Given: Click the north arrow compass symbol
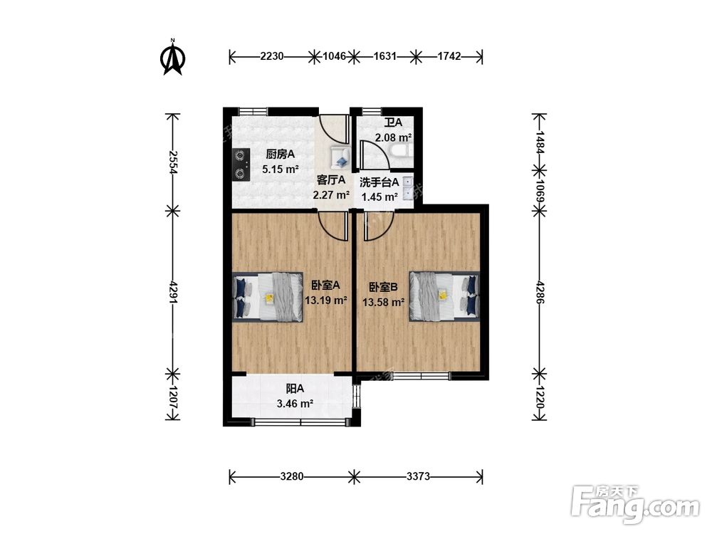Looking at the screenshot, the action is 172,57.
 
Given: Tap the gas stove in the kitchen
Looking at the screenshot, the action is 241,164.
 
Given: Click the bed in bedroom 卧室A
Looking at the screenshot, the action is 268,297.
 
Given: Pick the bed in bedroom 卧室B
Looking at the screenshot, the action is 444,296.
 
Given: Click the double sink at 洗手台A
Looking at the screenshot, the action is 408,189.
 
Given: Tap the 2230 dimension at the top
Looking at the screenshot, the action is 272,56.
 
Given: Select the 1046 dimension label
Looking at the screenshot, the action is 334,56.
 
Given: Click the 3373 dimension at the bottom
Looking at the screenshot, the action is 418,476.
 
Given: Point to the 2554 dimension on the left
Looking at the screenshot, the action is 172,162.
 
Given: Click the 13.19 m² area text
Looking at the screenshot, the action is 326,300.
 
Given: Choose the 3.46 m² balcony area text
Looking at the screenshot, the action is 295,403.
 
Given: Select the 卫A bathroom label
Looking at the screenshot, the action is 393,122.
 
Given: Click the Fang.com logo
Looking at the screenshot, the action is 635,504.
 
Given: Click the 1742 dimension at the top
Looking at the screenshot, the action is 449,56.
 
